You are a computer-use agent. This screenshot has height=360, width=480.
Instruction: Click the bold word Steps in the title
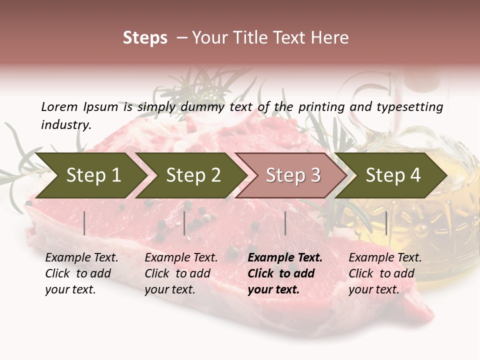145,38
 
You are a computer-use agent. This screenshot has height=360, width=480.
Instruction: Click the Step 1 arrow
90,175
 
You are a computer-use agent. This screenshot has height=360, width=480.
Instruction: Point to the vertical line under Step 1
84,223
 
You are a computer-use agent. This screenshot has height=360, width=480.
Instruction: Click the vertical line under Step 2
184,223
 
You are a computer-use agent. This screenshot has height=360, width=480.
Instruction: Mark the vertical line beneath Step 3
285,223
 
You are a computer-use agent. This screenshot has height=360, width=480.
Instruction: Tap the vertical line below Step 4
386,223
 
